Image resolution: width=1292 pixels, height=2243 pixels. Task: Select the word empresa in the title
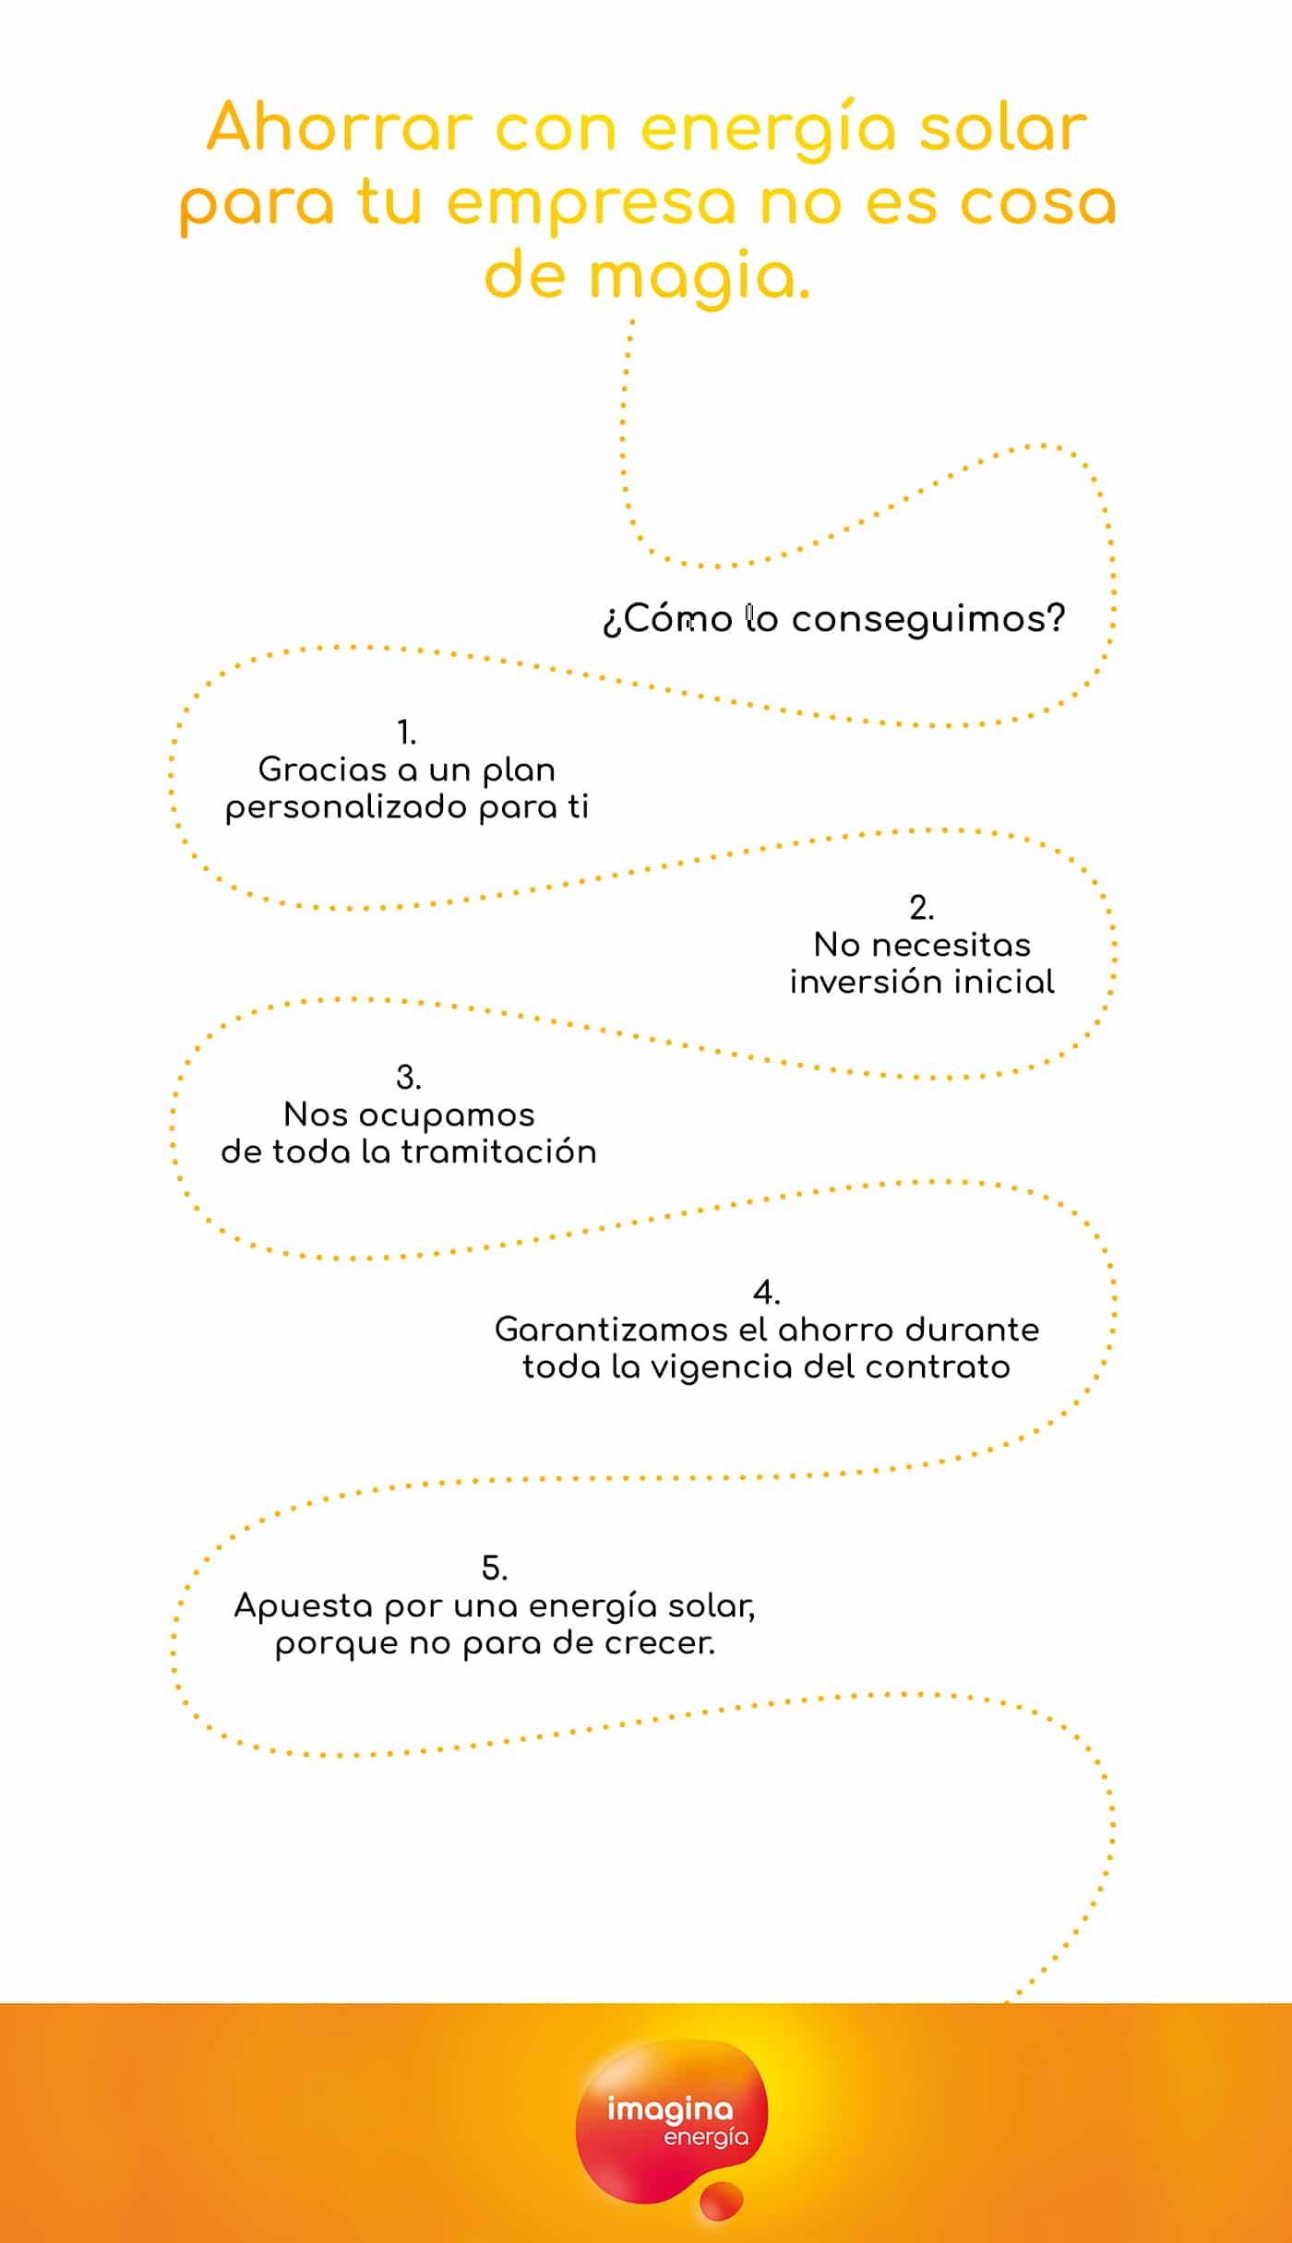click(592, 205)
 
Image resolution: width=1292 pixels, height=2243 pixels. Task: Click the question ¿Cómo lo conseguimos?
click(834, 619)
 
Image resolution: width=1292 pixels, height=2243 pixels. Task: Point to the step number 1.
click(407, 733)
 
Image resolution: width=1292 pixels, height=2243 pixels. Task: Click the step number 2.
click(922, 908)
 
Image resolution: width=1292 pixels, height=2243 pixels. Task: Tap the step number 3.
click(409, 1077)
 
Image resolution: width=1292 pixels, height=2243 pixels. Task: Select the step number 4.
click(767, 1292)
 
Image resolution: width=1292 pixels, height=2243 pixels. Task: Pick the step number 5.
click(495, 1568)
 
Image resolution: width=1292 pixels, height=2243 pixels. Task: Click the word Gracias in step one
click(322, 769)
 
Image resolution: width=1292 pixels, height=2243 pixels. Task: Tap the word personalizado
click(346, 807)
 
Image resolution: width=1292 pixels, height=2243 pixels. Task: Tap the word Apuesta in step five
click(304, 1606)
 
